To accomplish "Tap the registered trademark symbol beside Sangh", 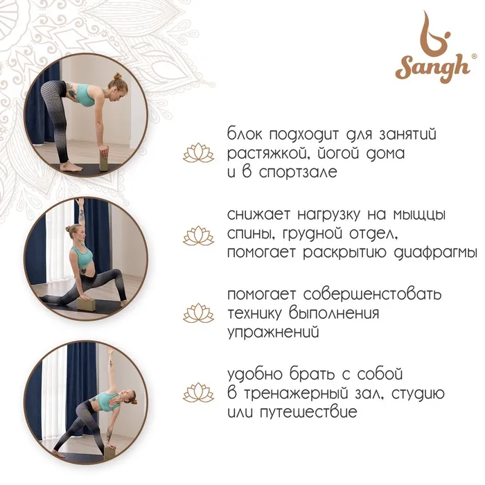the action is pos(474,56).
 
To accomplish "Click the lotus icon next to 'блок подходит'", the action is pos(198,153).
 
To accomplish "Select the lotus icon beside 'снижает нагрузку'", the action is pos(198,236).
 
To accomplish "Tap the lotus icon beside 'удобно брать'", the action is pos(198,393).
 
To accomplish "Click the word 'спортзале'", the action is pos(298,173).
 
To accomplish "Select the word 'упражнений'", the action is pos(273,333).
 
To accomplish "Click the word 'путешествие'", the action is pos(308,412).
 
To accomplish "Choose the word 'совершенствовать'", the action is pos(372,294).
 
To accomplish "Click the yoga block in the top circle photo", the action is pos(104,160).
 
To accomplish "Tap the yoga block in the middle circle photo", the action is pos(86,303).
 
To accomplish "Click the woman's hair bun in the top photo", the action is pos(117,76).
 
